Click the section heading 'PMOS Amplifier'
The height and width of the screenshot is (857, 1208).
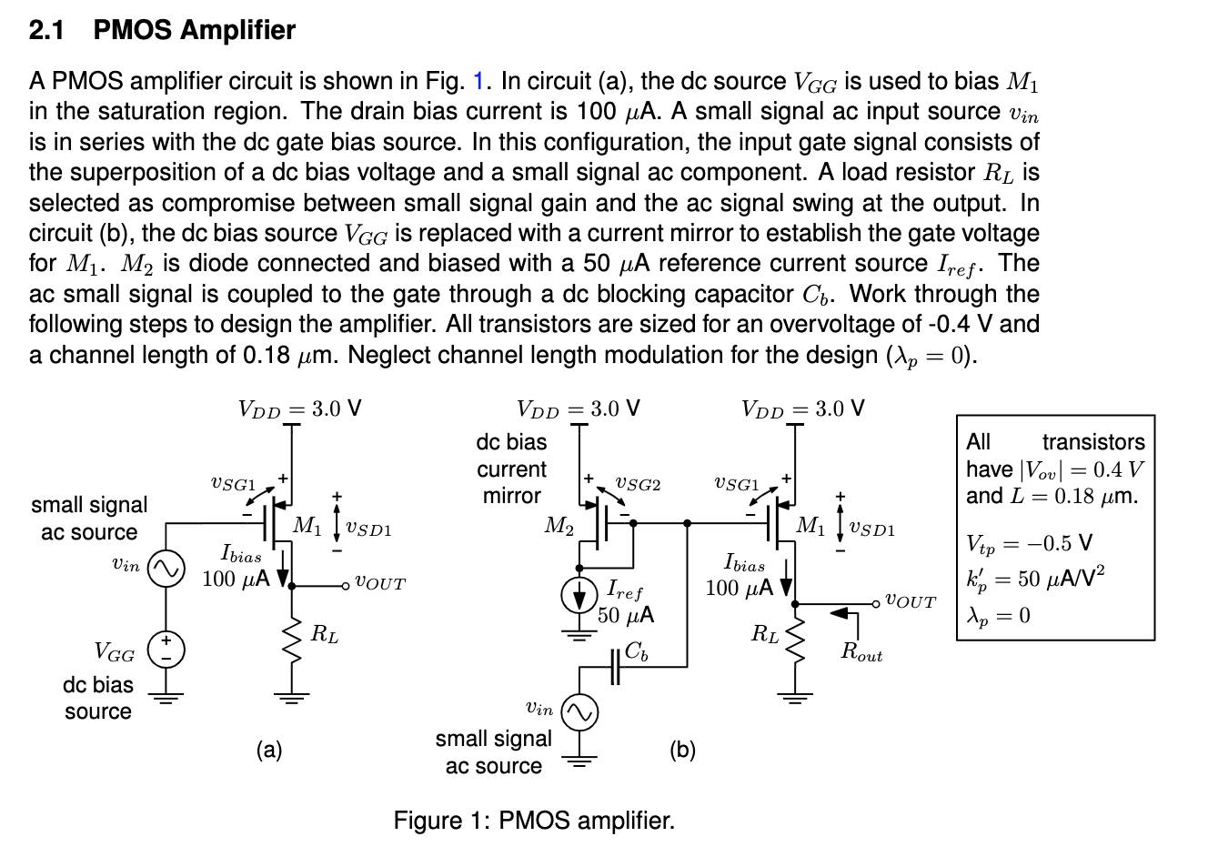tap(195, 30)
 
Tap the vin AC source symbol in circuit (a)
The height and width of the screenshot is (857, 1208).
tap(166, 569)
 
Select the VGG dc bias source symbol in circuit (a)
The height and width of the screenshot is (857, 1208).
tap(166, 648)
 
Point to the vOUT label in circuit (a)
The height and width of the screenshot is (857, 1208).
tap(379, 584)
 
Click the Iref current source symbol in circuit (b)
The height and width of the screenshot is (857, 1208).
tap(579, 597)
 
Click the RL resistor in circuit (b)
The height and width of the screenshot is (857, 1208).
tap(796, 642)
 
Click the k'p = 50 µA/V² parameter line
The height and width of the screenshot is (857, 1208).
tap(1035, 580)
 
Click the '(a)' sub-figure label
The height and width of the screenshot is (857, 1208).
tap(269, 750)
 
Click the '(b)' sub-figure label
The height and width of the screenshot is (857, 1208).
tap(682, 750)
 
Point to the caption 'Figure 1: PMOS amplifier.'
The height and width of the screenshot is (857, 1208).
tap(534, 821)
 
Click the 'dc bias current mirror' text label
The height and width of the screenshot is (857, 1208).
tap(511, 469)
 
